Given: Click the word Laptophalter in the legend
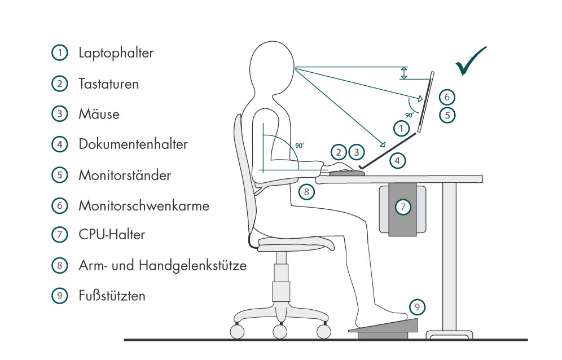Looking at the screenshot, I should pyautogui.click(x=116, y=54).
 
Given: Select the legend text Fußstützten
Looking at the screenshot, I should pyautogui.click(x=112, y=295).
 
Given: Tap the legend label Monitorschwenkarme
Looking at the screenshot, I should pyautogui.click(x=144, y=205).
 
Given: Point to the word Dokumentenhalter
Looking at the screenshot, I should pyautogui.click(x=133, y=144).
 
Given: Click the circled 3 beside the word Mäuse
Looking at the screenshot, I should pyautogui.click(x=59, y=114).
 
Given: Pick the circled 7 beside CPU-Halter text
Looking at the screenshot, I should pyautogui.click(x=59, y=235).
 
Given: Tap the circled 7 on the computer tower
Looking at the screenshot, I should pyautogui.click(x=402, y=207).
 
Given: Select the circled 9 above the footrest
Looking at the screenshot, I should pyautogui.click(x=416, y=308).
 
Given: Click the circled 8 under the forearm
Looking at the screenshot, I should pyautogui.click(x=306, y=192).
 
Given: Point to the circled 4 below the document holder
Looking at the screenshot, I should pyautogui.click(x=398, y=160).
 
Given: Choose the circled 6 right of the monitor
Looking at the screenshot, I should pyautogui.click(x=446, y=96).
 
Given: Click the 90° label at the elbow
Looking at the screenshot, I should pyautogui.click(x=300, y=146).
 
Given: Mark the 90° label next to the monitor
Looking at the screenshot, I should pyautogui.click(x=410, y=114).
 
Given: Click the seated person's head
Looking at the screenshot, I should pyautogui.click(x=271, y=68).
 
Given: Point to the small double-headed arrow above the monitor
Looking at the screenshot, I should pyautogui.click(x=403, y=73).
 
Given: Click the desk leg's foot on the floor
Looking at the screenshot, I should pyautogui.click(x=449, y=334).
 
